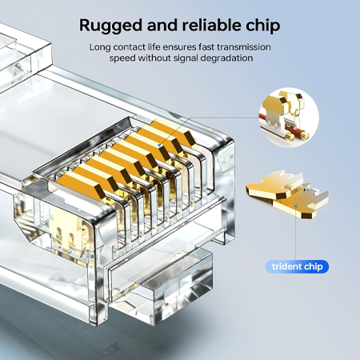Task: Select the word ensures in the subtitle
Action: point(180,47)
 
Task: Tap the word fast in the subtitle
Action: point(210,47)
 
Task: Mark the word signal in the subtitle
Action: point(185,58)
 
